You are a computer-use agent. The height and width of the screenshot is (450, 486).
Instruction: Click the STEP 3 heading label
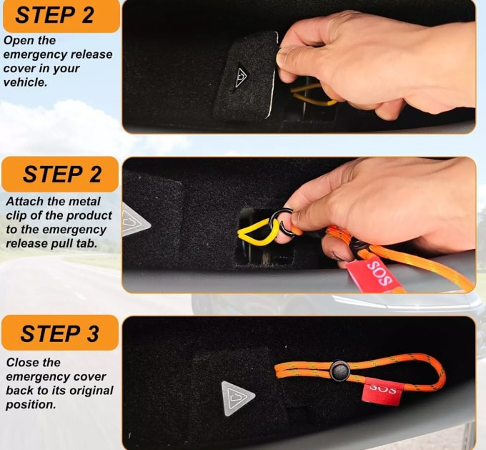point(59,333)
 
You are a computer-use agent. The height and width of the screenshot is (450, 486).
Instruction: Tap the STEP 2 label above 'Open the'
point(54,14)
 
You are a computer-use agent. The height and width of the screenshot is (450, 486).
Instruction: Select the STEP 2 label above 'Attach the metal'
point(62,174)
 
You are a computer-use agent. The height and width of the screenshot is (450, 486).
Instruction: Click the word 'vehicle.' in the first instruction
point(25,82)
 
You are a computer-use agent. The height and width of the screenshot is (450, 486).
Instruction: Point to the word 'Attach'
point(24,202)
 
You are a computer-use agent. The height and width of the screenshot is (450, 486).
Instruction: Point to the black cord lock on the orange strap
point(339,370)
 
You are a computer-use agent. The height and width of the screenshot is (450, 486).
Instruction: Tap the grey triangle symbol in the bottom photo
point(237,398)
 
